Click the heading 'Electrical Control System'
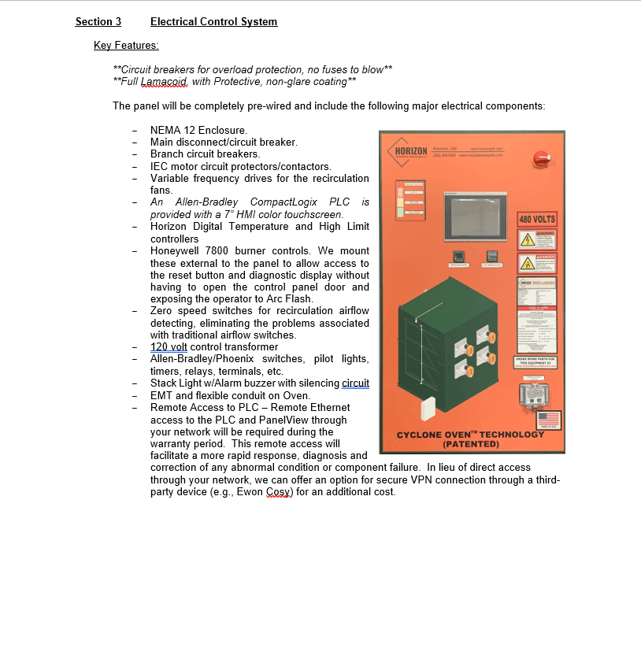tap(213, 22)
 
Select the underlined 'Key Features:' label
tap(126, 46)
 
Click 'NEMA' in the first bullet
tap(165, 130)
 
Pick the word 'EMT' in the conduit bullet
tap(161, 395)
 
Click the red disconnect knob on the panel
tap(541, 158)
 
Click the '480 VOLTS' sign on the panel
tap(537, 219)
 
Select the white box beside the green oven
tap(429, 409)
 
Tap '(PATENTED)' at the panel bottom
tap(470, 444)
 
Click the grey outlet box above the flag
tap(537, 392)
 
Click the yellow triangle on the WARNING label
tap(525, 240)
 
